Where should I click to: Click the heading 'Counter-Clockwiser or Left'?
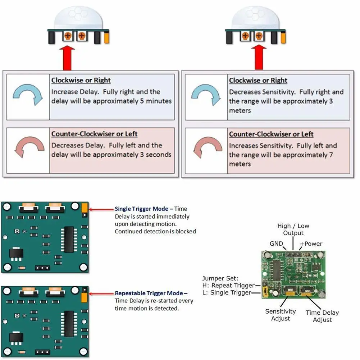tap(94, 134)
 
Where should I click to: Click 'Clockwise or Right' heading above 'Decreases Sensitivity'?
tap(258, 80)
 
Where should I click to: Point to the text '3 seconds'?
tap(155, 155)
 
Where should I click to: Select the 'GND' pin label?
tap(276, 243)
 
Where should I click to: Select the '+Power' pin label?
tap(311, 243)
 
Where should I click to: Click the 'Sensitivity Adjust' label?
tap(281, 315)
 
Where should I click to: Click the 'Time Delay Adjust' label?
tap(322, 316)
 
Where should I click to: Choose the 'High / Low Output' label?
tap(293, 229)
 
